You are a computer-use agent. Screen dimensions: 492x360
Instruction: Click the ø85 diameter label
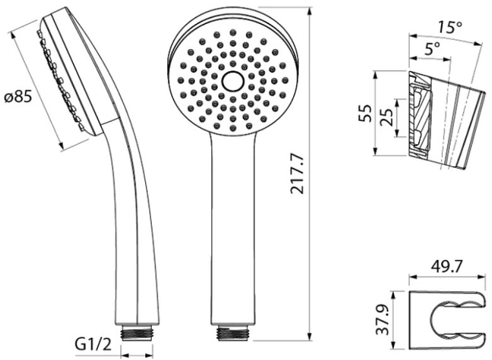point(19,98)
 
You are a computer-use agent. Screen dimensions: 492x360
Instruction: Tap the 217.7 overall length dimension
point(298,174)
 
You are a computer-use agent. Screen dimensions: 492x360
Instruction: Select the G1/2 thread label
point(93,344)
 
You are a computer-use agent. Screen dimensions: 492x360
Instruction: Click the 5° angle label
point(432,49)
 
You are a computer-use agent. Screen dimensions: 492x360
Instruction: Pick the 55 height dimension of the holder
point(365,113)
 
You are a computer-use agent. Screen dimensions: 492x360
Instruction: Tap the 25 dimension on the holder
point(387,117)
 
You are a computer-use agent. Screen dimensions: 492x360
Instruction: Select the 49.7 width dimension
point(447,267)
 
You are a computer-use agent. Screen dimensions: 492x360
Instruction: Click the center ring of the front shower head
point(233,81)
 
